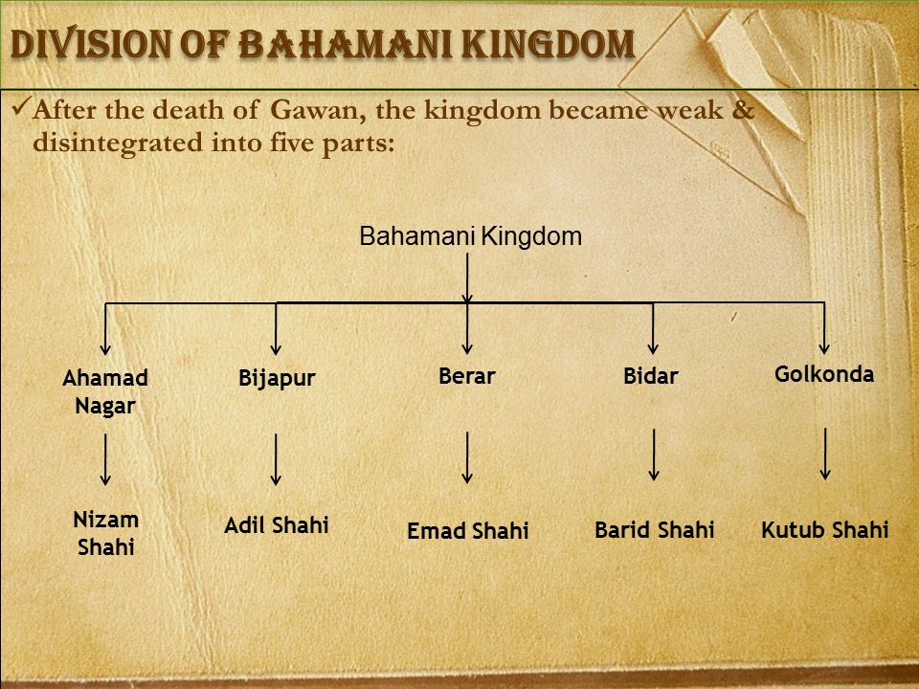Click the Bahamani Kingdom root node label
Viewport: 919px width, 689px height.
pyautogui.click(x=470, y=236)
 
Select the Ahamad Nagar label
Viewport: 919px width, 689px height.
pyautogui.click(x=105, y=392)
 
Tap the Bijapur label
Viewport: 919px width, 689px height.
pyautogui.click(x=277, y=379)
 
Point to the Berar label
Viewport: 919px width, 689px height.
pyautogui.click(x=467, y=375)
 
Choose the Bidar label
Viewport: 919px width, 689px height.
pyautogui.click(x=651, y=375)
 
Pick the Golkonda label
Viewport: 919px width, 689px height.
pyautogui.click(x=824, y=374)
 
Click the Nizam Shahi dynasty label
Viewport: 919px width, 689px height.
pyautogui.click(x=106, y=533)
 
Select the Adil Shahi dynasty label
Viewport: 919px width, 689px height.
pyautogui.click(x=277, y=525)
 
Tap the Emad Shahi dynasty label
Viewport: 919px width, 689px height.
pyautogui.click(x=468, y=531)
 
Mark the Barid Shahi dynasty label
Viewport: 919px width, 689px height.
pyautogui.click(x=655, y=529)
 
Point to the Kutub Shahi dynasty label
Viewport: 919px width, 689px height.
pyautogui.click(x=824, y=529)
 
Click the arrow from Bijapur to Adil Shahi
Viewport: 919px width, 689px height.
pyautogui.click(x=276, y=459)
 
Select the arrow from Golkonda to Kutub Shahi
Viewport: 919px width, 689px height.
pyautogui.click(x=825, y=454)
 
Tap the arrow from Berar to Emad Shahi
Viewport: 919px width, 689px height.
pyautogui.click(x=467, y=457)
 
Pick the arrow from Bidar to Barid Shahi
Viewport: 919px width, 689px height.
pyautogui.click(x=654, y=456)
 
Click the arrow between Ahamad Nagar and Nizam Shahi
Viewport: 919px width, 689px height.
pyautogui.click(x=105, y=459)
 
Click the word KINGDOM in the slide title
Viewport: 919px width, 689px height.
pyautogui.click(x=548, y=44)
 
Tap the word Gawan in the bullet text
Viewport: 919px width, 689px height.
pyautogui.click(x=318, y=110)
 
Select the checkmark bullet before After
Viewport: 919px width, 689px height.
pyautogui.click(x=20, y=106)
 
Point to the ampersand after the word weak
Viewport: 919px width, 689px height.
pyautogui.click(x=742, y=109)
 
